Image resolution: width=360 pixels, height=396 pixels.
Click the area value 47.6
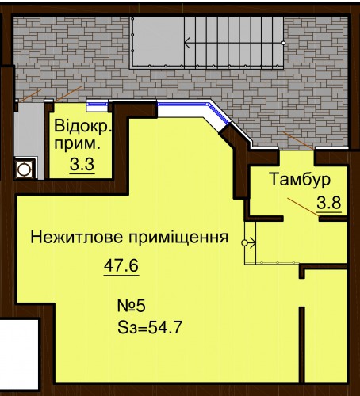121,265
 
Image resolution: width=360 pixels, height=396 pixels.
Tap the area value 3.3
82,165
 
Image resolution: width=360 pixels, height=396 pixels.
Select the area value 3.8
329,203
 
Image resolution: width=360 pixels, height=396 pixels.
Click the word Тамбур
300,179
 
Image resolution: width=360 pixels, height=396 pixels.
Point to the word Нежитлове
77,237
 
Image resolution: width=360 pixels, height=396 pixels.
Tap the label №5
132,307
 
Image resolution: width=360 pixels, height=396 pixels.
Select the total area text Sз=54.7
150,328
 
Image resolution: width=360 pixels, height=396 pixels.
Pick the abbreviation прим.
78,145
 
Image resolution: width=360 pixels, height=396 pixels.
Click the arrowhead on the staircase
187,43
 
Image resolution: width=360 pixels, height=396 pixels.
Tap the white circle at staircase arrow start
284,43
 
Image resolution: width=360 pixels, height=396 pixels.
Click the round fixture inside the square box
24,169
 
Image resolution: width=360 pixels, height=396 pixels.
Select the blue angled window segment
220,114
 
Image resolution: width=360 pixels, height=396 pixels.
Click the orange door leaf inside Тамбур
304,207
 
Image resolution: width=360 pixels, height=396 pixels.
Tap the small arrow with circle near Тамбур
248,242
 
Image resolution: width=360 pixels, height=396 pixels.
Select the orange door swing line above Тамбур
298,140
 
